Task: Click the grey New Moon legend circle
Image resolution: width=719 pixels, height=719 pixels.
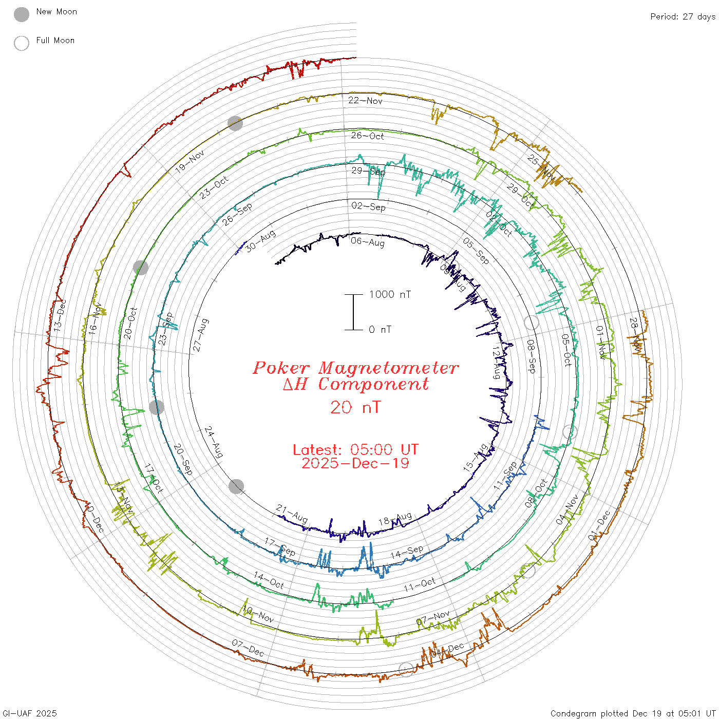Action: pyautogui.click(x=22, y=15)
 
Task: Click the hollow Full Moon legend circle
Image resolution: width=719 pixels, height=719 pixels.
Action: pyautogui.click(x=22, y=43)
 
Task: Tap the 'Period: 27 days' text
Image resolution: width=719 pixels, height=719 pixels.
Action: pyautogui.click(x=683, y=17)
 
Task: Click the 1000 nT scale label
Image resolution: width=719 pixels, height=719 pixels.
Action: pyautogui.click(x=390, y=294)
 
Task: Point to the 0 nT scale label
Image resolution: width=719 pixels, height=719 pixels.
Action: pyautogui.click(x=380, y=330)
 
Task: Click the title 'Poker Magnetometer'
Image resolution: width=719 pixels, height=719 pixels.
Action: pyautogui.click(x=355, y=368)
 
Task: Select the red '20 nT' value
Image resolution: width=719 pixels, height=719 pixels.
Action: pyautogui.click(x=355, y=407)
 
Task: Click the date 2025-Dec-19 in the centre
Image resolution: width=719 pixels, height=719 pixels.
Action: pyautogui.click(x=355, y=464)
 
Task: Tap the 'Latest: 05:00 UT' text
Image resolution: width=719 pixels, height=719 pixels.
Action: pyautogui.click(x=355, y=450)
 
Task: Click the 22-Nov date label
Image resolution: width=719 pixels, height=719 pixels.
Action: pyautogui.click(x=365, y=101)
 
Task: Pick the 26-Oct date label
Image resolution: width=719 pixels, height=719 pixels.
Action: pyautogui.click(x=367, y=136)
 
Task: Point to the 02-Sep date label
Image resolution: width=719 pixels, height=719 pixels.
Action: pyautogui.click(x=368, y=206)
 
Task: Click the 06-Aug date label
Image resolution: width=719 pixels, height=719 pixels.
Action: pyautogui.click(x=368, y=241)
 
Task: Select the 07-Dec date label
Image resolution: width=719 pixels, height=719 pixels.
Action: pyautogui.click(x=248, y=648)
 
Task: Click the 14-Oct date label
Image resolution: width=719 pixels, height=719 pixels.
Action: pyautogui.click(x=269, y=580)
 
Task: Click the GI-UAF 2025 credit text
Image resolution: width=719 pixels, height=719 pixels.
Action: pyautogui.click(x=29, y=713)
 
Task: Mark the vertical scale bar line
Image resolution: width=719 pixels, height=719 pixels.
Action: pyautogui.click(x=353, y=312)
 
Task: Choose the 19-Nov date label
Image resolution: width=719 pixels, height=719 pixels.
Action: pyautogui.click(x=190, y=161)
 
